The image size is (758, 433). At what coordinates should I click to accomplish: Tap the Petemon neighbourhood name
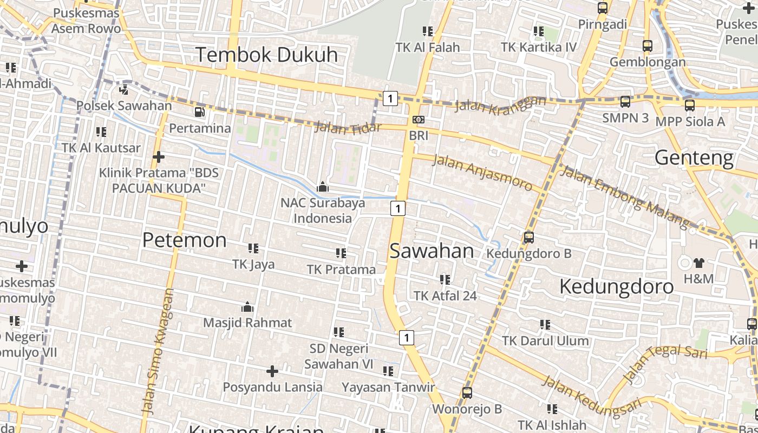[184, 240]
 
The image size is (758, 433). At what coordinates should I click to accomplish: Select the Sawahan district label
[432, 251]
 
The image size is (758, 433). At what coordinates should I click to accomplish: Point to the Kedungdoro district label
[616, 286]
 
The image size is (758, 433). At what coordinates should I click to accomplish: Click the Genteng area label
[694, 158]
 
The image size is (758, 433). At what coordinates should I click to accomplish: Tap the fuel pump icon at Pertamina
[200, 112]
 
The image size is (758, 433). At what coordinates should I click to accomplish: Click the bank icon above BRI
[418, 120]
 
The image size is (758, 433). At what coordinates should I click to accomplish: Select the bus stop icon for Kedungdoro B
[528, 237]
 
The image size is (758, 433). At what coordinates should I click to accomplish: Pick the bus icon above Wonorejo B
[467, 393]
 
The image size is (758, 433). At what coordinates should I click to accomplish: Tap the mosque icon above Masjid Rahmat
[247, 307]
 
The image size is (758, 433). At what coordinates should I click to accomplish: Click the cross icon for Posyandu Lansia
[272, 371]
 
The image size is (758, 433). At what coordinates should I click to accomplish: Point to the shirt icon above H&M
[698, 263]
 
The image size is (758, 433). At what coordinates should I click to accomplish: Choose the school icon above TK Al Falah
[428, 31]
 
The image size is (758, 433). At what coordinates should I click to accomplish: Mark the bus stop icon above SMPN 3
[625, 102]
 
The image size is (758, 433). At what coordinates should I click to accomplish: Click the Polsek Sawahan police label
[124, 105]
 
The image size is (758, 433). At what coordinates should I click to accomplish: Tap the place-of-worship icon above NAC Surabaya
[323, 187]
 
